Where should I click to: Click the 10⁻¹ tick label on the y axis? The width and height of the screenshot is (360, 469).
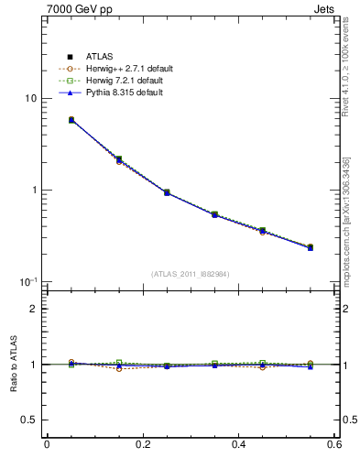pyautogui.click(x=27, y=281)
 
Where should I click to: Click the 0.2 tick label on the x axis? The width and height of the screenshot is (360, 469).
pyautogui.click(x=143, y=444)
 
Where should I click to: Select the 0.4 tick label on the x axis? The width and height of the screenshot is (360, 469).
pyautogui.click(x=239, y=444)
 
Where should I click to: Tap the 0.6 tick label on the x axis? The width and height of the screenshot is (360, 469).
pyautogui.click(x=334, y=444)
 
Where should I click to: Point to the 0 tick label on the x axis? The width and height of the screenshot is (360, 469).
pyautogui.click(x=47, y=444)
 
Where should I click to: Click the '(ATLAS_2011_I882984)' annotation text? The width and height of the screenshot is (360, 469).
pyautogui.click(x=191, y=274)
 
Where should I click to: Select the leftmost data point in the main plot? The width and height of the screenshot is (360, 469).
pyautogui.click(x=71, y=120)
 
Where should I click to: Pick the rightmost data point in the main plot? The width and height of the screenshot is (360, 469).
pyautogui.click(x=311, y=247)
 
